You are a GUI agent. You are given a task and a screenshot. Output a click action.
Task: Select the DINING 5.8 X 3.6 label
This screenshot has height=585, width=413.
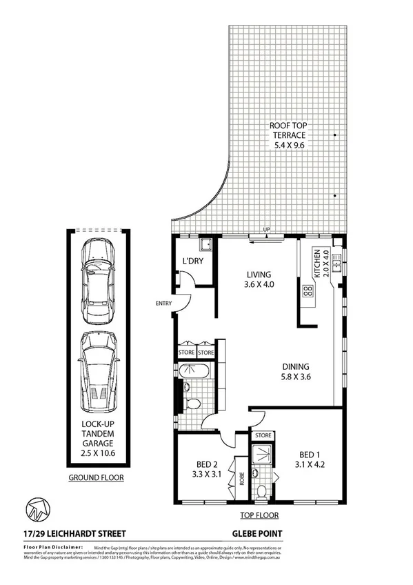[295, 372]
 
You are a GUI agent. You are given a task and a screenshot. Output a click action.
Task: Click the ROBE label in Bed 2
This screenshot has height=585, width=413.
[241, 478]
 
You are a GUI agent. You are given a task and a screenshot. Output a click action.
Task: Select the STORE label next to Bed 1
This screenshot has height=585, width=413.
[263, 435]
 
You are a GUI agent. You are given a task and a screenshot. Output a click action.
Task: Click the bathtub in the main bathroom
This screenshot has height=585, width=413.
[194, 373]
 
